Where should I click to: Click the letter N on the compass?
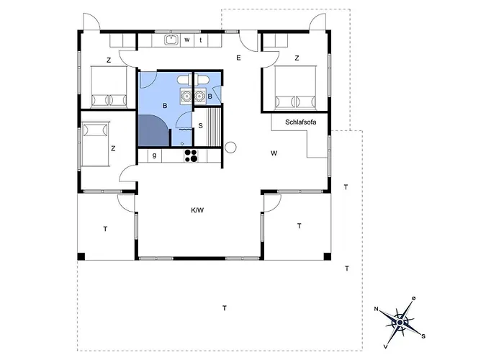(377, 310)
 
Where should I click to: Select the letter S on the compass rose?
(423, 336)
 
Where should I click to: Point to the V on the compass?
(386, 344)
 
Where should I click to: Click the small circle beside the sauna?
(230, 148)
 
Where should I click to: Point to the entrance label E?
(237, 57)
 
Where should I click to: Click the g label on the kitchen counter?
(154, 154)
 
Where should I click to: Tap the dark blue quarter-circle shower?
(153, 130)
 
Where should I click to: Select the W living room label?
(274, 153)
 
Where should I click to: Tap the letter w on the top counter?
(186, 40)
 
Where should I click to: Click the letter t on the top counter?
(200, 40)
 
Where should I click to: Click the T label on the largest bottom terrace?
(225, 308)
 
